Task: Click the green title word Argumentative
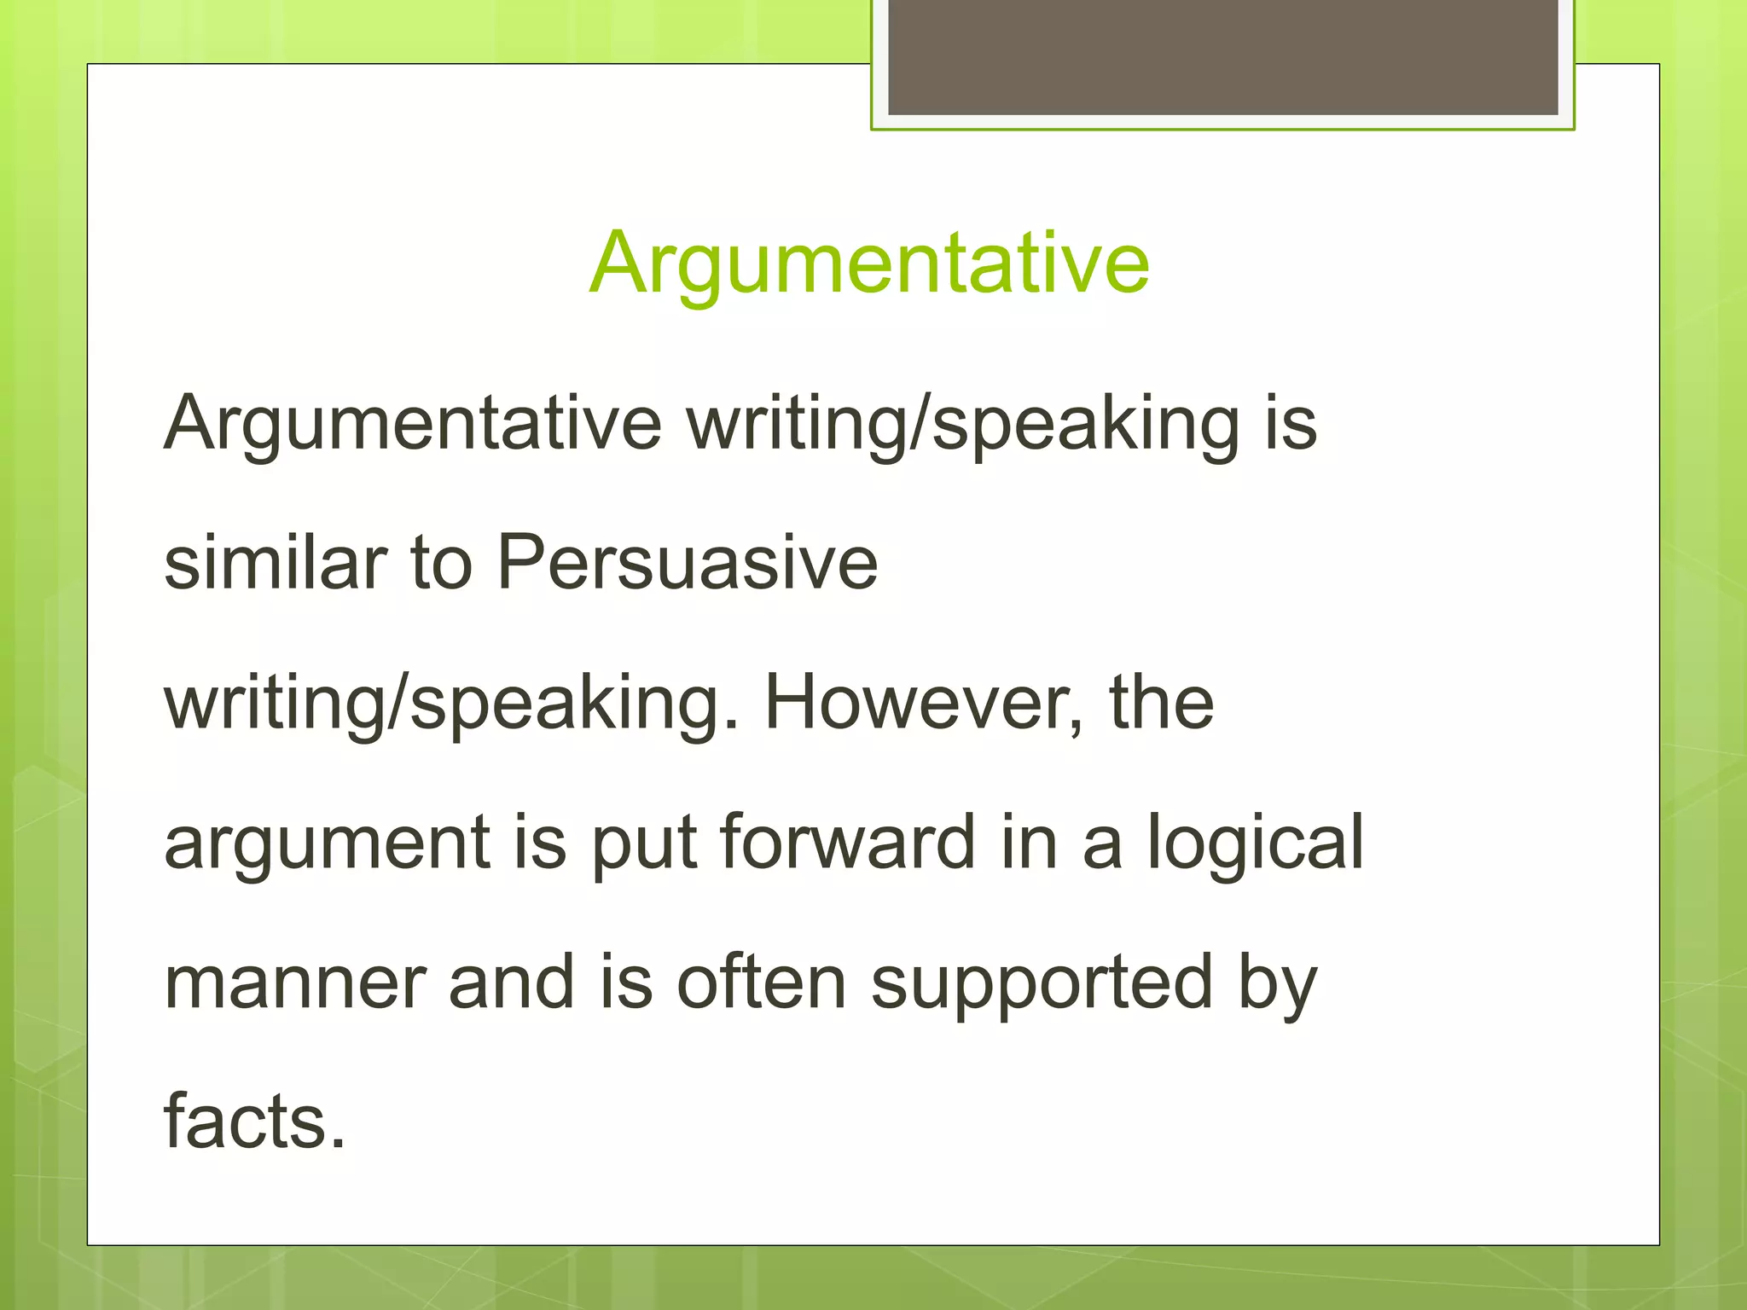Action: coord(869,264)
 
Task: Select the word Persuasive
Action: coord(688,563)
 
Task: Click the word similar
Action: coord(276,563)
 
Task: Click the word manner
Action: coord(294,982)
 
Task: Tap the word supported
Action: coord(1042,984)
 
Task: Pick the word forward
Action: coord(847,843)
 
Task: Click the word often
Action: coord(761,982)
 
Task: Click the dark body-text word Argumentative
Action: coord(413,424)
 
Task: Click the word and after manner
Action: coord(512,982)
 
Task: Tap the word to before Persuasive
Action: coord(441,563)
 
